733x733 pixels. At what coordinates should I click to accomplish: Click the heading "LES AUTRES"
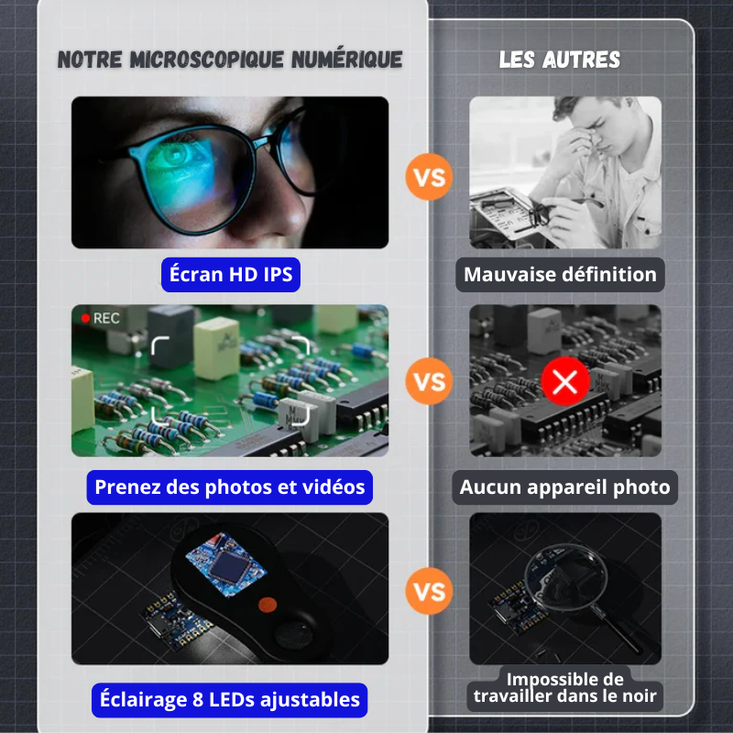(x=560, y=60)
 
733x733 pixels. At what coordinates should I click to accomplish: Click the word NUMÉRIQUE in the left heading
(x=347, y=60)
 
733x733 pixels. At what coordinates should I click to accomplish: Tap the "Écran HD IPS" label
(x=231, y=274)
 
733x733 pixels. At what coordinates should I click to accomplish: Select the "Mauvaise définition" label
(x=560, y=274)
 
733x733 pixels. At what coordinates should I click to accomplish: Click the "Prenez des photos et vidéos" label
(x=229, y=487)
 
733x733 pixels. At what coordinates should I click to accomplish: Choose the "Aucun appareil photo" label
(x=565, y=487)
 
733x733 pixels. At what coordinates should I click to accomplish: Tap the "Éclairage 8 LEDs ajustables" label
(x=229, y=700)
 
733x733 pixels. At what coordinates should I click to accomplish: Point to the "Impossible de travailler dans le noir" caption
(x=564, y=688)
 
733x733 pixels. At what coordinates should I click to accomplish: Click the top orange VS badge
(x=429, y=176)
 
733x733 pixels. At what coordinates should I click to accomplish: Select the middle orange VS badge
(x=429, y=380)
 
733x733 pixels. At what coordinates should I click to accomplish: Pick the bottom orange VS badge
(x=429, y=590)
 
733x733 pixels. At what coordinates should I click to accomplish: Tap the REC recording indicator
(x=100, y=318)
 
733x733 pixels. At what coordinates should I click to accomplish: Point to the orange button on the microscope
(x=268, y=604)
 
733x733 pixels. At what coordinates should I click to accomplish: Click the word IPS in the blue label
(x=276, y=274)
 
